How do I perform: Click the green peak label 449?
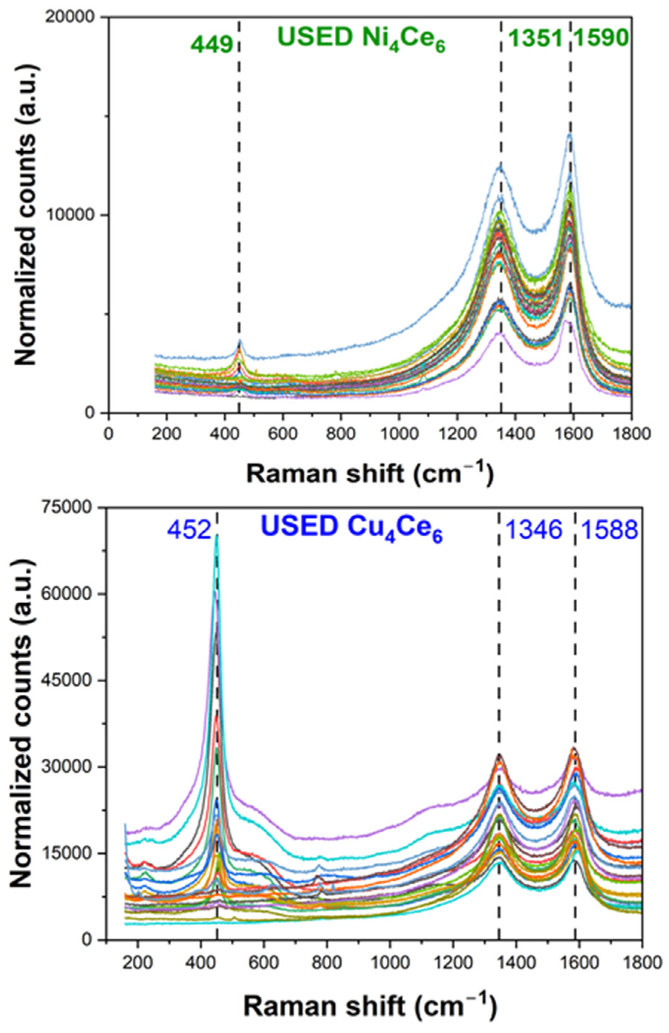pyautogui.click(x=212, y=45)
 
